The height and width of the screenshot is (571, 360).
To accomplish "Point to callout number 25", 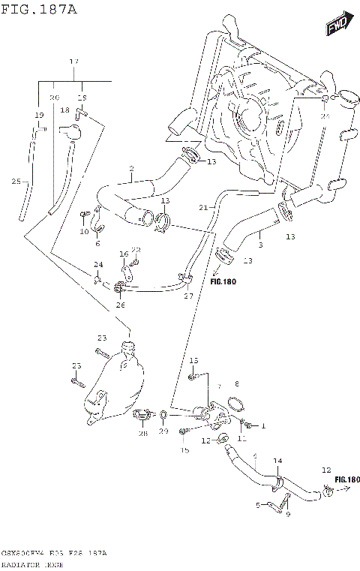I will [x=16, y=181].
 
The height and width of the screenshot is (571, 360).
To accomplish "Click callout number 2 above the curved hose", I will [x=131, y=168].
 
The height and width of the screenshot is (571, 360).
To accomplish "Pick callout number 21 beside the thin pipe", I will [x=202, y=207].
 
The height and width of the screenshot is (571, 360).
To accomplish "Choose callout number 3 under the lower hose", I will [x=259, y=244].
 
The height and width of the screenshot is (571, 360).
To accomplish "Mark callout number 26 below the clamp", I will [x=121, y=305].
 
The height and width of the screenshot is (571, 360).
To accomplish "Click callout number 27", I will [x=188, y=296].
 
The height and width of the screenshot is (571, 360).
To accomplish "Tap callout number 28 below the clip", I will [x=142, y=434].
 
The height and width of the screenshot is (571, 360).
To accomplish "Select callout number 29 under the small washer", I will [x=163, y=434].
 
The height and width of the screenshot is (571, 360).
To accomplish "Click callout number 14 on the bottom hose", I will [x=277, y=460].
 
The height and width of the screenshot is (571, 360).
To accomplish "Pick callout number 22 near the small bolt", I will [x=136, y=250].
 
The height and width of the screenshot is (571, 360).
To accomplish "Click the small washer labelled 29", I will [x=163, y=413].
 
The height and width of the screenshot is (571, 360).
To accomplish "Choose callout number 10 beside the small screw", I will [x=84, y=232].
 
